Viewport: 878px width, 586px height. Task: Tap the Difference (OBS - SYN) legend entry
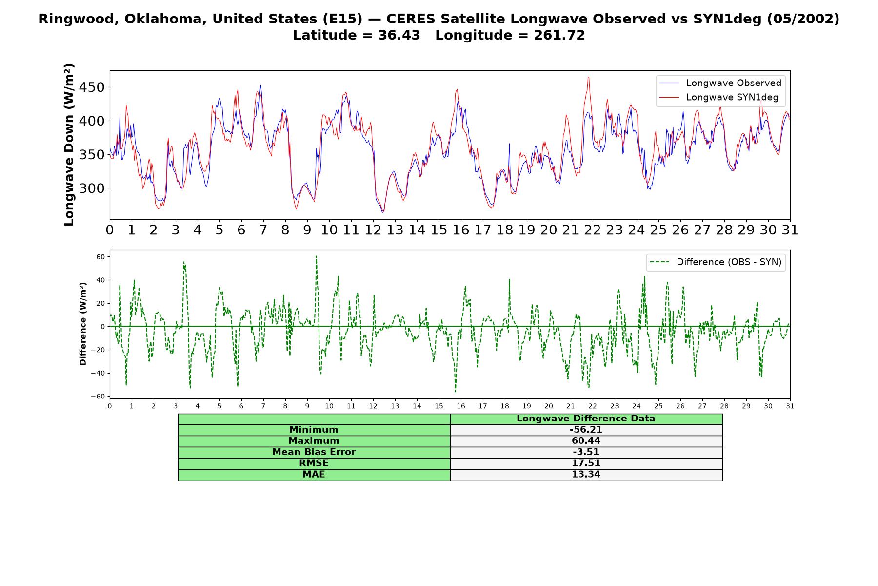[716, 262]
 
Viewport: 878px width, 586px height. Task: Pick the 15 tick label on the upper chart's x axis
[439, 230]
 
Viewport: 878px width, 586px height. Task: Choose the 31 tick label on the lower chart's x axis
[790, 406]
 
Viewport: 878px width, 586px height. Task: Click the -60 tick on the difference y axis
[98, 397]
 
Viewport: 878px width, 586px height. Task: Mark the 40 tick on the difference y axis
[100, 280]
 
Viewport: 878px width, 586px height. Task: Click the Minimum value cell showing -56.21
[586, 430]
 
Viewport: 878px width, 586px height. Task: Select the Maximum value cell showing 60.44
[586, 441]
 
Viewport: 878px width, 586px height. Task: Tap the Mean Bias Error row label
[314, 452]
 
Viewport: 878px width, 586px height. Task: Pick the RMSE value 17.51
[586, 463]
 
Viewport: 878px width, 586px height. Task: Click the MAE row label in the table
[314, 475]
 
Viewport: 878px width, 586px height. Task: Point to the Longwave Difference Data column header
[586, 419]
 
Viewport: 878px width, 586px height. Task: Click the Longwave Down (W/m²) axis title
[69, 145]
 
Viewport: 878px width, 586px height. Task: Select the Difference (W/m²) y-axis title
[83, 324]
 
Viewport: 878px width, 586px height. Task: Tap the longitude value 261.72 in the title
[559, 35]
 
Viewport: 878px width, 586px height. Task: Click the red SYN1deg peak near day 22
[589, 77]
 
